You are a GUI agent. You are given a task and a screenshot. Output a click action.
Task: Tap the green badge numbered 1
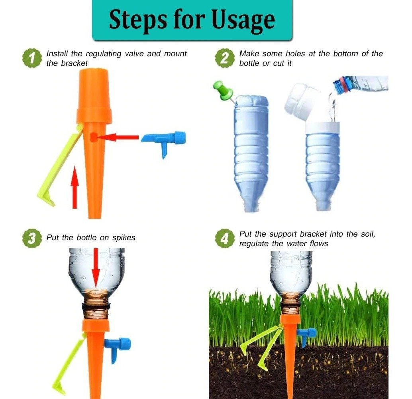point(32,58)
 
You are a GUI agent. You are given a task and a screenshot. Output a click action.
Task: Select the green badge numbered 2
point(225,58)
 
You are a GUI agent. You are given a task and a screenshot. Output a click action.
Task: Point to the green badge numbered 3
point(32,239)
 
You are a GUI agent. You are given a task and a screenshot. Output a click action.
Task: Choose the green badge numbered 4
point(225,239)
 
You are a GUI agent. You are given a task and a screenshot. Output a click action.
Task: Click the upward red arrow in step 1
point(75,187)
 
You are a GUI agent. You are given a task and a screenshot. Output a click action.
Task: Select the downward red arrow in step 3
point(96,268)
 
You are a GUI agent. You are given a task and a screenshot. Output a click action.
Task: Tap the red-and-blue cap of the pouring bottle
point(341,85)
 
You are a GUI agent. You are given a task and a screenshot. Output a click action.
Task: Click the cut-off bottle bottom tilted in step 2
point(301,102)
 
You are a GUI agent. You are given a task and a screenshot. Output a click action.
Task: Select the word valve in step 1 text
point(134,54)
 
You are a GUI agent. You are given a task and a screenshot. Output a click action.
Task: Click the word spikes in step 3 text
point(124,238)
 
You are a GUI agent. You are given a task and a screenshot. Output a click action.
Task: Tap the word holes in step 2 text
point(295,54)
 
